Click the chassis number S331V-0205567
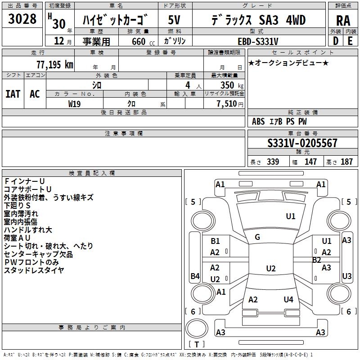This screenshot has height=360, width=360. [x=302, y=144]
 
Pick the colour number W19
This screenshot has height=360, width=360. [x=75, y=103]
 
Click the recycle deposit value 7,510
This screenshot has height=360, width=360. [x=229, y=104]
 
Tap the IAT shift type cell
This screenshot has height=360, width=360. [x=13, y=94]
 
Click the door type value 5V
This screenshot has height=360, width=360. [x=175, y=20]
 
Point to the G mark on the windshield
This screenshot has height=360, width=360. [x=257, y=237]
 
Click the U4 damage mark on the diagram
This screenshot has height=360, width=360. [x=288, y=299]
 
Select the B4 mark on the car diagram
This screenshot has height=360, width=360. [x=195, y=276]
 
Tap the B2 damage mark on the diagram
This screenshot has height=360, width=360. [x=316, y=260]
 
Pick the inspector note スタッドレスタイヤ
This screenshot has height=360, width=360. [x=34, y=270]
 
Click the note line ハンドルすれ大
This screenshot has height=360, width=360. [x=28, y=230]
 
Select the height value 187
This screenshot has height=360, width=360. [x=346, y=162]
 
